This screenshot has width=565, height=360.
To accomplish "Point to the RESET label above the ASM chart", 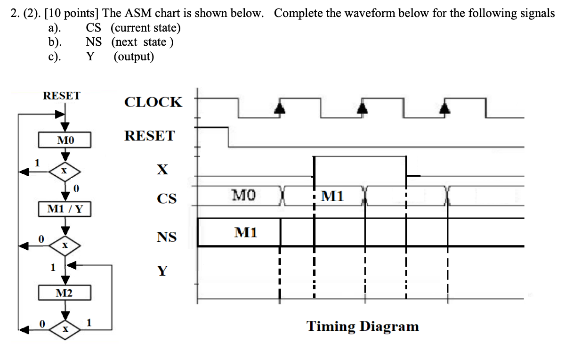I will tap(62, 96).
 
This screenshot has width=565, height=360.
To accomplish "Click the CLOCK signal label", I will tap(153, 102).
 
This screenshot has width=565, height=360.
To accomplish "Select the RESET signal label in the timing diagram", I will tap(149, 136).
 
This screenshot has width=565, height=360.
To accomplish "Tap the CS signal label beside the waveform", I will tap(167, 199).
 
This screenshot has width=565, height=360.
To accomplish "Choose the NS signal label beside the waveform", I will tap(167, 237).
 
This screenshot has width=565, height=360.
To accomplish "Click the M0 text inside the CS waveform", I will tap(244, 194).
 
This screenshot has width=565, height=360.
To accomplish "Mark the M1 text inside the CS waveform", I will tap(332, 196).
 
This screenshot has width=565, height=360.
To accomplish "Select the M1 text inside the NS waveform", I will tap(246, 232).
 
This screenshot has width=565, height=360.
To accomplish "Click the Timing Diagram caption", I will tap(363, 326).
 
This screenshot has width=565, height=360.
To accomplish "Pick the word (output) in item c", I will tap(134, 57).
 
